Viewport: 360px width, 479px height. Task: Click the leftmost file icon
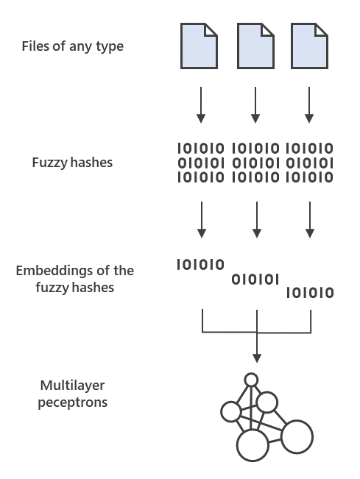(x=200, y=46)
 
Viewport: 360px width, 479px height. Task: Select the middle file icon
(x=255, y=46)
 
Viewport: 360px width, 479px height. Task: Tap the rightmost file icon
(x=309, y=46)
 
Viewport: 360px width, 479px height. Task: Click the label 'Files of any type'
(x=72, y=46)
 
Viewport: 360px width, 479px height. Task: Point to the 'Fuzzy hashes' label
(x=72, y=162)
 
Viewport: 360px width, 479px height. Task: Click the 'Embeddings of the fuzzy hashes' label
(x=74, y=279)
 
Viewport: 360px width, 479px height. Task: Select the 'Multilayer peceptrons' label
(x=74, y=394)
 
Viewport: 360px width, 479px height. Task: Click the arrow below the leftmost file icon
(x=200, y=104)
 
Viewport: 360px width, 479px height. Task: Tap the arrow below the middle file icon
(x=255, y=104)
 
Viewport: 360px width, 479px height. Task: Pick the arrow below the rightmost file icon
(x=309, y=104)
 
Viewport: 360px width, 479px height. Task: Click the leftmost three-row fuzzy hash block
(x=200, y=163)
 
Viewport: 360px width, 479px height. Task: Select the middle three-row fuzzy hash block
(x=255, y=163)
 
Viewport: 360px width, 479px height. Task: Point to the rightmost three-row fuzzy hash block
(x=309, y=163)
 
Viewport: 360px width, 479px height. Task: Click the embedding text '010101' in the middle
(x=255, y=279)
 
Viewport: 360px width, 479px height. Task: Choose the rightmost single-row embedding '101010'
(x=309, y=293)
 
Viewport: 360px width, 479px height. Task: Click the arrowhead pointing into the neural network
(x=256, y=358)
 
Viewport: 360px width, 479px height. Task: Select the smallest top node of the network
(x=251, y=380)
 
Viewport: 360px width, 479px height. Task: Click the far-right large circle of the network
(x=297, y=436)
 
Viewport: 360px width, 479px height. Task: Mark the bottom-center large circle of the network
(x=253, y=445)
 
